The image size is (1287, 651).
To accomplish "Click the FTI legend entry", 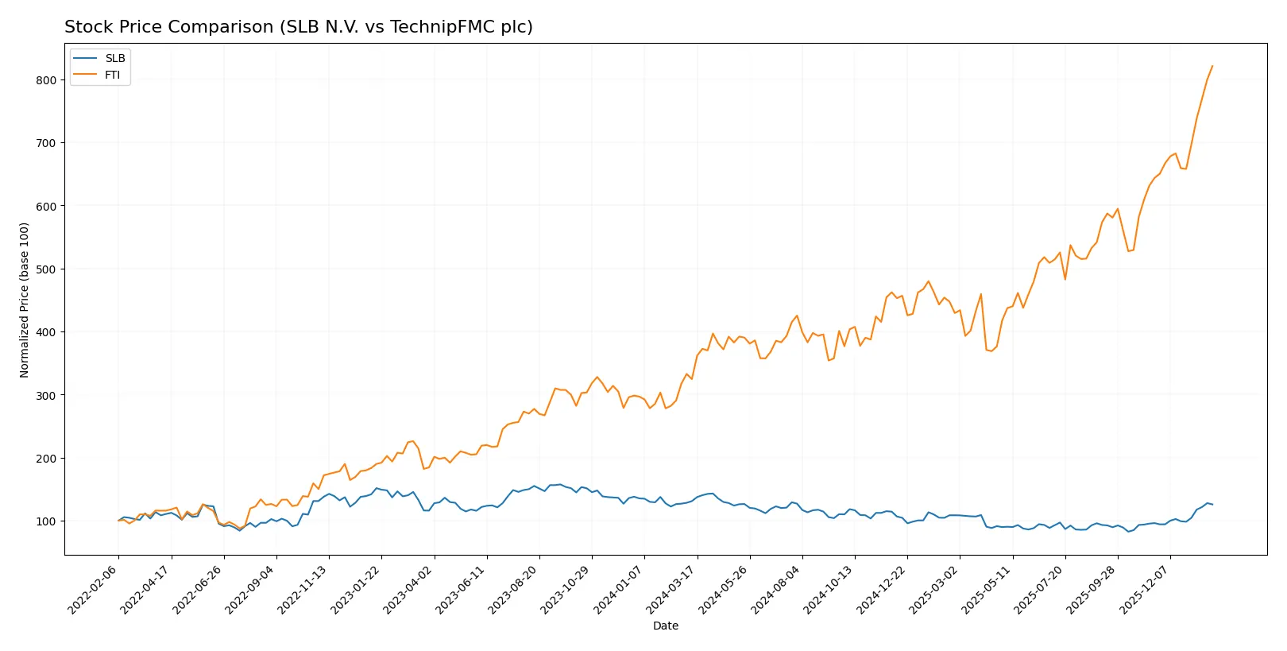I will (x=112, y=75).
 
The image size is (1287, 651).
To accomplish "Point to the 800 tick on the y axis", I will (x=46, y=80).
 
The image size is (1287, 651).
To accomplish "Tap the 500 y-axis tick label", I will (x=46, y=269).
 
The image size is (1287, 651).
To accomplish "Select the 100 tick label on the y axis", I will (x=46, y=521).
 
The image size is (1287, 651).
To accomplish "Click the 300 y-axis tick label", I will (x=46, y=395).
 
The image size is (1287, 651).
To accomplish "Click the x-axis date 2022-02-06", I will (x=94, y=589).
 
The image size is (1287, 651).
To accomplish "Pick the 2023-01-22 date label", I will (x=357, y=589).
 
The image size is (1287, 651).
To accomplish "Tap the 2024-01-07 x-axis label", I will (x=620, y=589).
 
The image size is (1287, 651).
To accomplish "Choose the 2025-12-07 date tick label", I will (x=1146, y=589).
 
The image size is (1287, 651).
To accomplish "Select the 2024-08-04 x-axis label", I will (x=777, y=589).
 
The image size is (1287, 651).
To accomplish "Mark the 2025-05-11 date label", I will (x=987, y=589).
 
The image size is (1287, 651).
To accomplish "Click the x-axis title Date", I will (x=666, y=626).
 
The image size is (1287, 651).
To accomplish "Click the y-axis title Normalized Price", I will (x=25, y=300).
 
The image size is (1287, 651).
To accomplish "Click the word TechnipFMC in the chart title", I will (x=435, y=27).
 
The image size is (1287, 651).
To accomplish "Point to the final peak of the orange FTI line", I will (x=1212, y=66).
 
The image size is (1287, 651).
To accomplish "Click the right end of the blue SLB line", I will (x=1212, y=504).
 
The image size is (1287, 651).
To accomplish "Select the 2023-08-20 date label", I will (x=514, y=589).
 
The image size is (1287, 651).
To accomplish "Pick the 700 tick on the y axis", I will (x=46, y=143).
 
